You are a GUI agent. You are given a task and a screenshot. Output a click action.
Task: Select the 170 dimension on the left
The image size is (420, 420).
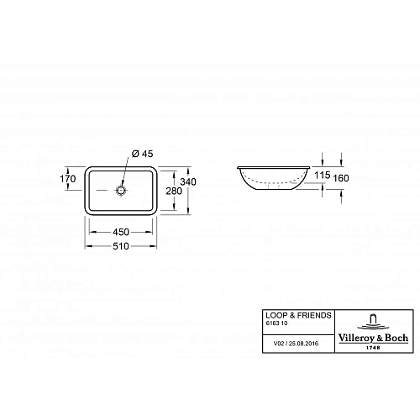tap(69, 178)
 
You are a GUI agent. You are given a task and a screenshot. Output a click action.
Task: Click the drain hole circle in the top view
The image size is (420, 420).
tap(123, 191)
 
